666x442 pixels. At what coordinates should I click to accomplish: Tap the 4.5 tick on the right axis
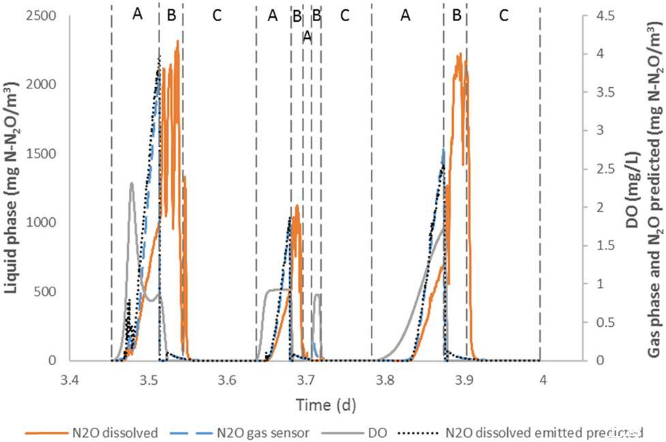599,15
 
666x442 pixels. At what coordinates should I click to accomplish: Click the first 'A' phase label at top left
138,15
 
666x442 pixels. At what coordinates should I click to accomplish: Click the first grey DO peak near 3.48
132,183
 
